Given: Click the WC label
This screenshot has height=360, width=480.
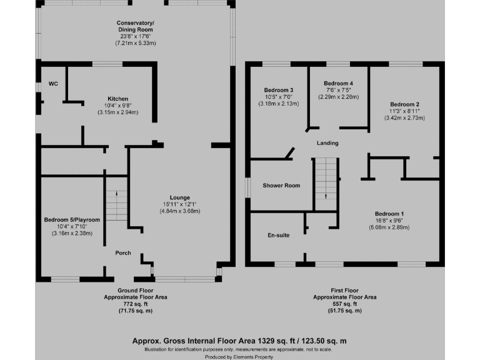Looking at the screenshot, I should click(54, 84).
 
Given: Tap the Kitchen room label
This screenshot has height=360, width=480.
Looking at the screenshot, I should click(117, 99).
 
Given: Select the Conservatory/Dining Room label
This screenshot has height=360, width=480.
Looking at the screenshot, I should click(135, 26).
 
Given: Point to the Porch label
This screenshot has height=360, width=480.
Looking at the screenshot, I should click(123, 253).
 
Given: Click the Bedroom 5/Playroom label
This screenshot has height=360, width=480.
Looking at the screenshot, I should click(72, 220).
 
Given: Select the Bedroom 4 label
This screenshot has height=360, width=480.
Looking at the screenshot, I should click(338, 83).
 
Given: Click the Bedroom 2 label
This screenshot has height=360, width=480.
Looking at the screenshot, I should click(404, 104).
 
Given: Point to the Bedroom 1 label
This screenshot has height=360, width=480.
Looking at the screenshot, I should click(388, 214).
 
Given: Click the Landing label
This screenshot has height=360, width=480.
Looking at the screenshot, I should click(327, 143).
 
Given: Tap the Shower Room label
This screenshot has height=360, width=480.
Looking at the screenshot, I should click(281, 186).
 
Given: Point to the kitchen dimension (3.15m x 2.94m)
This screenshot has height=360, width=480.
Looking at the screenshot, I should click(117, 112).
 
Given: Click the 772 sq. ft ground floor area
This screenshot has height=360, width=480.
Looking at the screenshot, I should click(135, 304).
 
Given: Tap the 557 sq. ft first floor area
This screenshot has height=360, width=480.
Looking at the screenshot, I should click(345, 304).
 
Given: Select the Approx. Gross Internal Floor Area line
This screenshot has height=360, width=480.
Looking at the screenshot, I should click(239, 341).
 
